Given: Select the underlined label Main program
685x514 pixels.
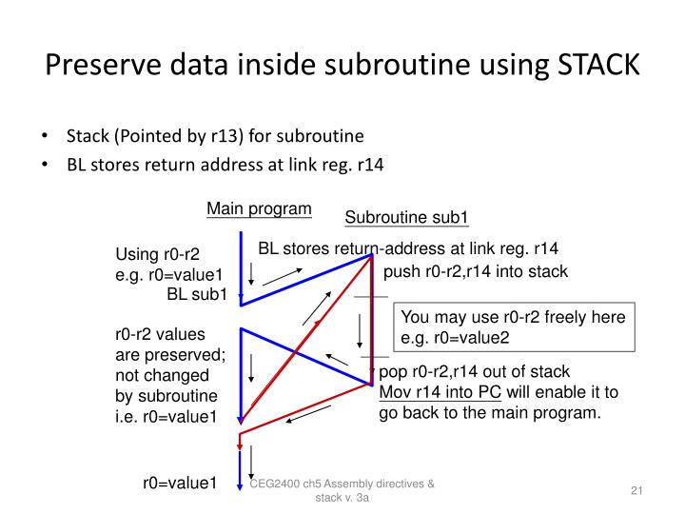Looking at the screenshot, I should coord(259,209).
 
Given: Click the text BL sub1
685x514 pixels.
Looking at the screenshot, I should coord(197,294).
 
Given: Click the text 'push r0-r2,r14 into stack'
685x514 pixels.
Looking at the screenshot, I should coord(475,272).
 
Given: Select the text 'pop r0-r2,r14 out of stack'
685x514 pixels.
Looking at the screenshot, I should coord(474,372).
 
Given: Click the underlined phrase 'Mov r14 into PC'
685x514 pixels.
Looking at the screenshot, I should coord(440,392).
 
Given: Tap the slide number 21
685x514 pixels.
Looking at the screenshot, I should coord(638,490).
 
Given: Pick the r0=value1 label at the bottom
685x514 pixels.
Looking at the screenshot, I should coord(181,484).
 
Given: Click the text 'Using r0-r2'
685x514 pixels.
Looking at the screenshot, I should coord(158,254).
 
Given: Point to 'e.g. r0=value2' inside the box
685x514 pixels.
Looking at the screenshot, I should coord(455,338).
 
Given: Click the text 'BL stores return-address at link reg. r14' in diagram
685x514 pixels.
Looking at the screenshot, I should coord(408,249).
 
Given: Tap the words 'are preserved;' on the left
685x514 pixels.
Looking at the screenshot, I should coord(163,355).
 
